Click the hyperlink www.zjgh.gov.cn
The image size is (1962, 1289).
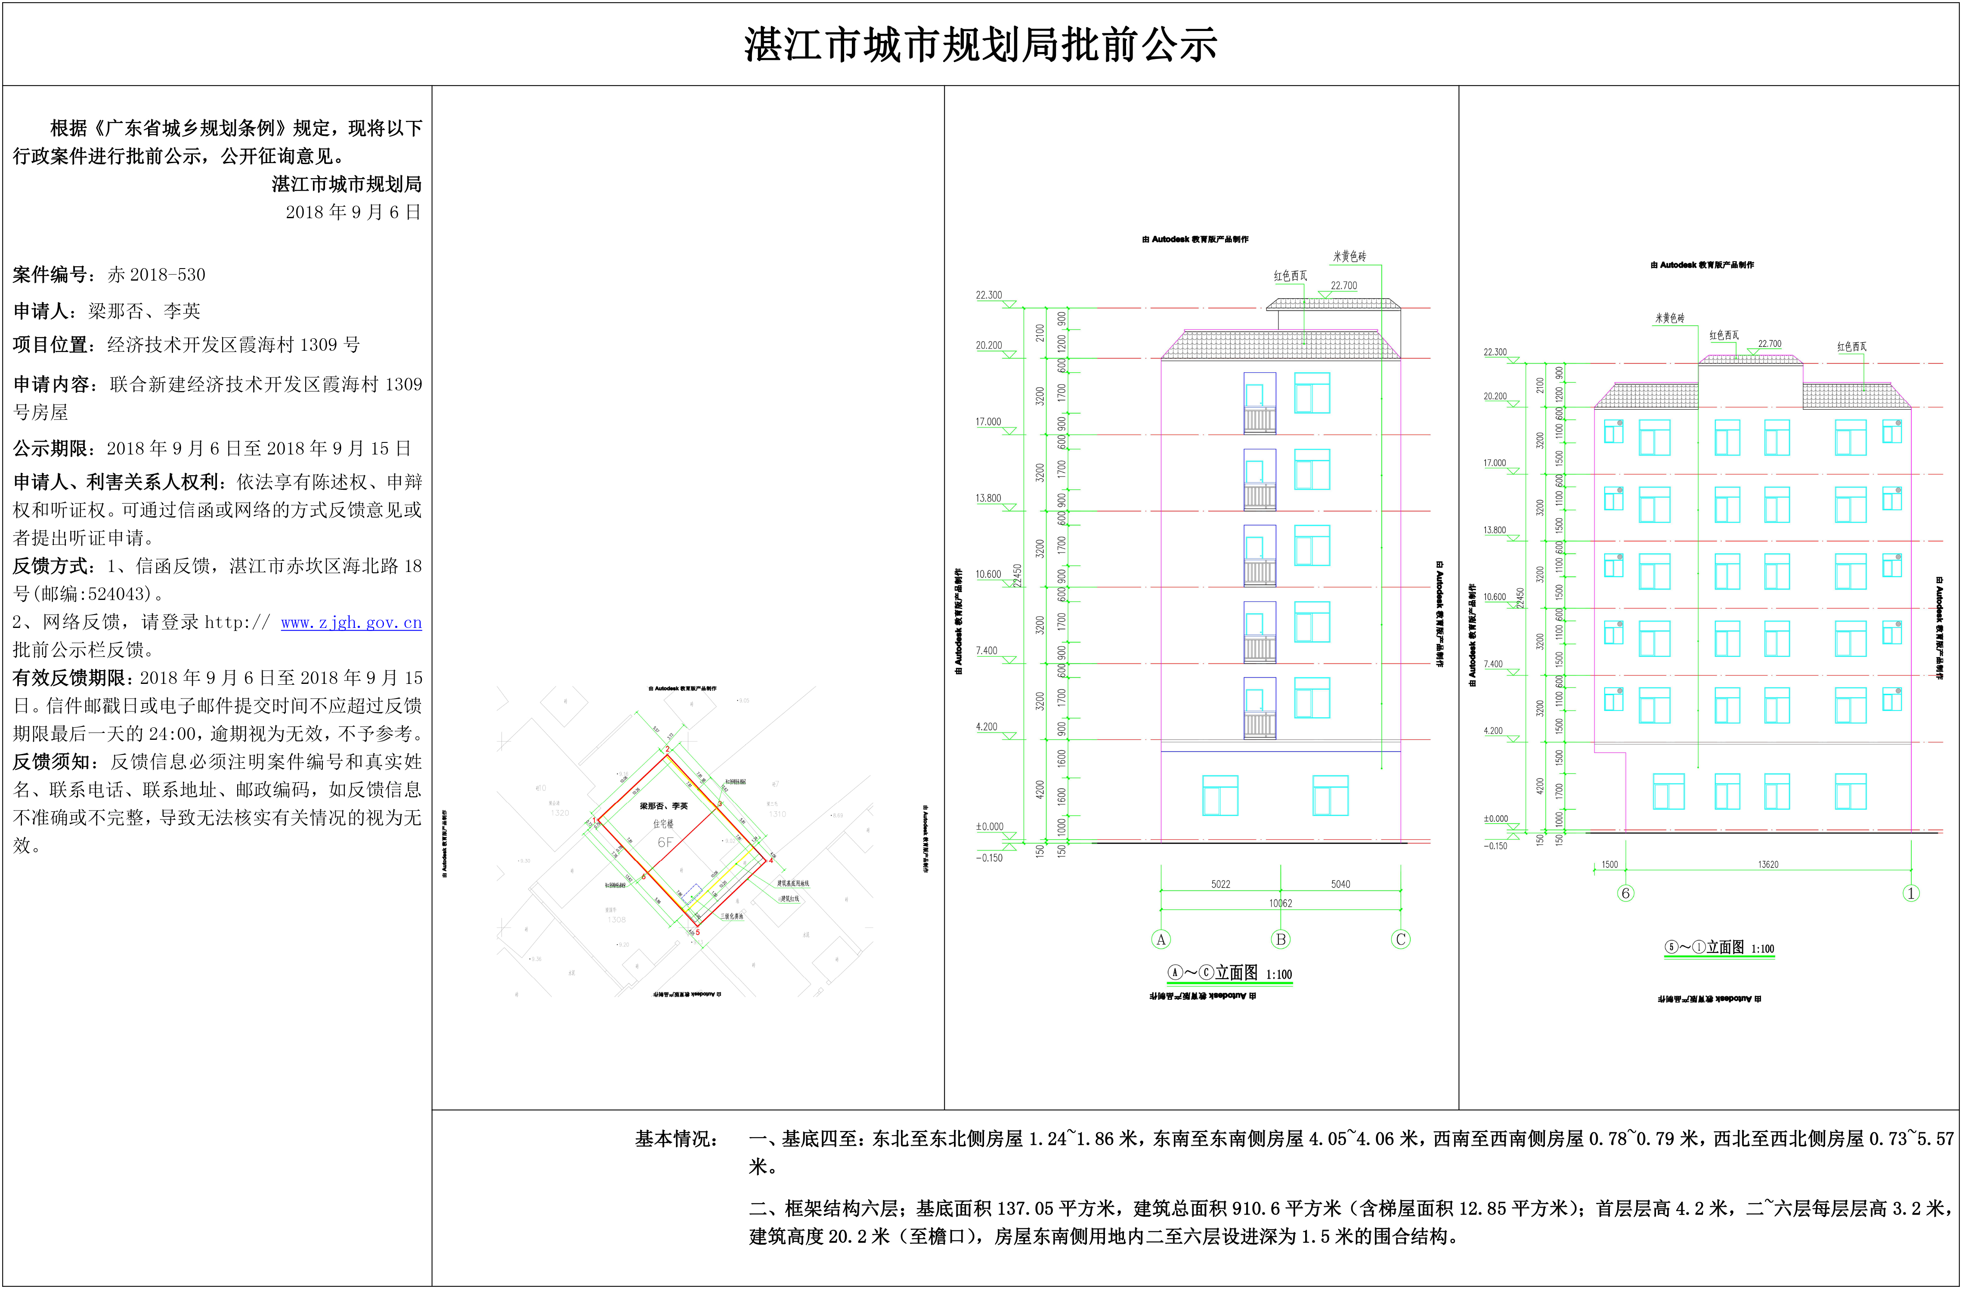[351, 622]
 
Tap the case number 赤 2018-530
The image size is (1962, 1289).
[157, 275]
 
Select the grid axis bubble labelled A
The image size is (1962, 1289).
[1160, 940]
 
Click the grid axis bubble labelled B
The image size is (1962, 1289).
[1280, 940]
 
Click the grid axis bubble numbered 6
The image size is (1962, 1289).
[1626, 893]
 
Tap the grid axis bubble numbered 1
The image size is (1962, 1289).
[1911, 893]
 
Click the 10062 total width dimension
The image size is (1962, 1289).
[1280, 903]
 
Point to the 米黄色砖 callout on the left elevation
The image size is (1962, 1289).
[1349, 257]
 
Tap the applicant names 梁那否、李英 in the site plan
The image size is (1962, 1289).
[664, 806]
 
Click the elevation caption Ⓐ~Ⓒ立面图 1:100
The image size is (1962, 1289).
[1229, 974]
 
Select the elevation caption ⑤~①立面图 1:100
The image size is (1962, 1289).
[1719, 948]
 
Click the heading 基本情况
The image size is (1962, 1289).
[676, 1139]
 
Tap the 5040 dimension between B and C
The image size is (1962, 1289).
[1340, 884]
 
